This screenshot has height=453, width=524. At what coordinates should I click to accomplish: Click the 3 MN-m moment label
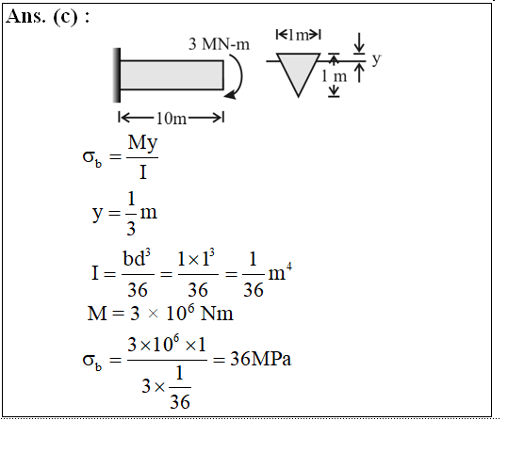click(x=219, y=44)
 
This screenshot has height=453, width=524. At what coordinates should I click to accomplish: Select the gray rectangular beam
click(x=172, y=75)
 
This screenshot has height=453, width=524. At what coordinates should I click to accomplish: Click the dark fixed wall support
click(x=117, y=75)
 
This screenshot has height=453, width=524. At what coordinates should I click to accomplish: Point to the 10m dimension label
click(x=172, y=119)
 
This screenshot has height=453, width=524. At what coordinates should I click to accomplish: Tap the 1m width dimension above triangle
click(x=298, y=35)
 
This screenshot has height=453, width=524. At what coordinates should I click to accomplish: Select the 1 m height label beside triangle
click(x=334, y=76)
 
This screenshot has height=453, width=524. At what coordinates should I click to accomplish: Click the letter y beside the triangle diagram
click(x=377, y=59)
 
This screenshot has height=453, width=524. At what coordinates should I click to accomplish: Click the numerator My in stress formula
click(x=142, y=143)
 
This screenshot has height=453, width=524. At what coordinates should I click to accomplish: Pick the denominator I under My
click(x=143, y=172)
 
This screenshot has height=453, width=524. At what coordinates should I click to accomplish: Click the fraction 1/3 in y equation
click(x=131, y=214)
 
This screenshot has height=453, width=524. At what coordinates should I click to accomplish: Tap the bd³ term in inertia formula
click(x=137, y=258)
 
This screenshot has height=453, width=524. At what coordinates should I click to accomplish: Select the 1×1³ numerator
click(x=196, y=258)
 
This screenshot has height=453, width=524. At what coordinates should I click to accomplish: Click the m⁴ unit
click(x=280, y=272)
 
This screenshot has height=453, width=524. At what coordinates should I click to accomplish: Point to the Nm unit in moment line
click(x=217, y=314)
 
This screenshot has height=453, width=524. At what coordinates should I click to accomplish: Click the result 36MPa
click(x=261, y=359)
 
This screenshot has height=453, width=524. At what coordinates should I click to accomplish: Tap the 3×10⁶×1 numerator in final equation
click(x=167, y=345)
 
